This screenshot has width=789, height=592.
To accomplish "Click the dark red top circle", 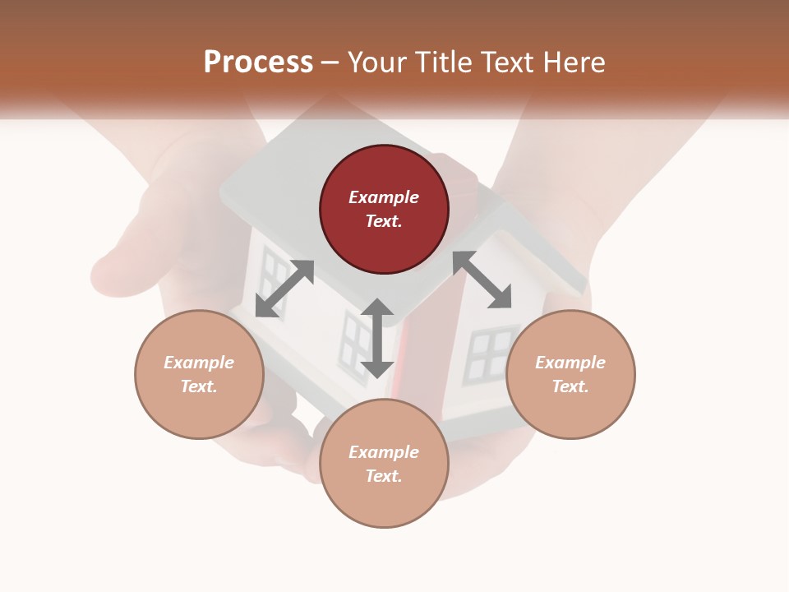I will coord(384,210).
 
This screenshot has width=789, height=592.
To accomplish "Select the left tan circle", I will coord(199,374).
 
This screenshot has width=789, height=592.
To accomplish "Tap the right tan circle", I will coord(570,374).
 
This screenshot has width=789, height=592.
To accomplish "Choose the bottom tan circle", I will coord(384,464).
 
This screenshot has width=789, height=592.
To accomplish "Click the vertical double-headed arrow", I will coord(377,338).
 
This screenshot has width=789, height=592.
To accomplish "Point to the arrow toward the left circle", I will coord(284,289).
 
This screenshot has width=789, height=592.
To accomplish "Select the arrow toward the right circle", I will coord(482,280).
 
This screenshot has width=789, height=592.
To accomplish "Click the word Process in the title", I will coord(258,62).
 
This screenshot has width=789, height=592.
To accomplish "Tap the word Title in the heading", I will coord(442,62).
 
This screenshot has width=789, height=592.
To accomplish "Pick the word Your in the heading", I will coord(377,62).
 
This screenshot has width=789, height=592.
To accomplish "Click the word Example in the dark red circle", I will coord(384,197).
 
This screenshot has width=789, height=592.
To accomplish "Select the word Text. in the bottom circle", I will coord(384,476).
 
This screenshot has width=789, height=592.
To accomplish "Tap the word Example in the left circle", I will coord(199,363).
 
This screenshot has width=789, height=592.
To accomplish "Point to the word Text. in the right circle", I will coord(570,386).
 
